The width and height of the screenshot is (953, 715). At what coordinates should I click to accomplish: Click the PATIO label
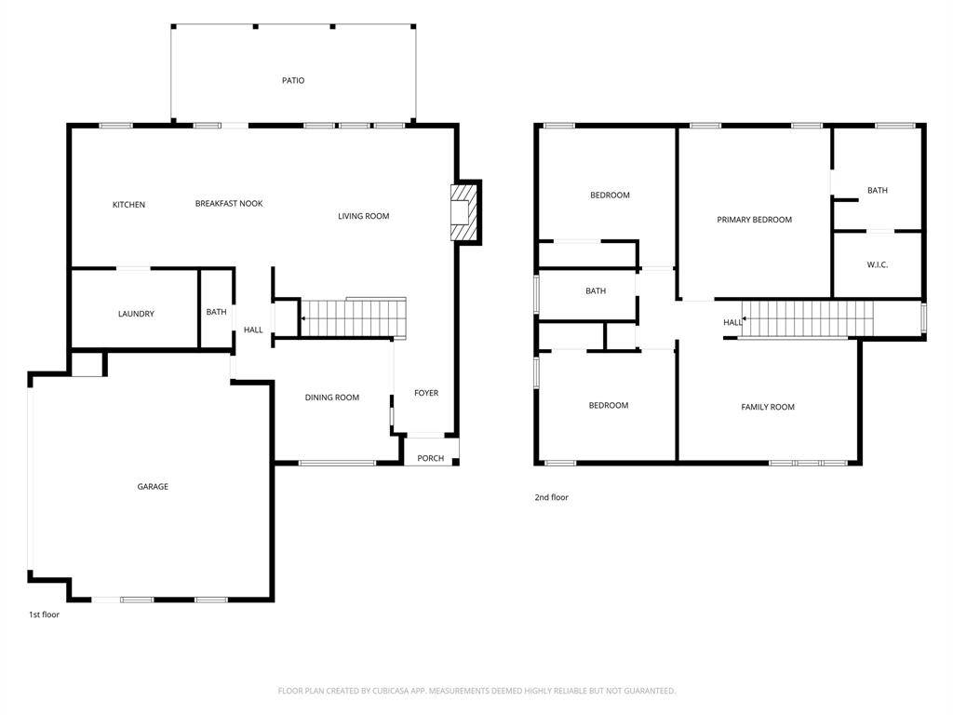[x=293, y=80]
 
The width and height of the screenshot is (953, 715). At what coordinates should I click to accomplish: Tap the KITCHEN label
[x=128, y=205]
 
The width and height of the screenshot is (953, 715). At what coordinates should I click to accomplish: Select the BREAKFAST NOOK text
[x=229, y=204]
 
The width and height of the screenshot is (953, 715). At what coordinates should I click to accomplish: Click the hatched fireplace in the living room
[x=463, y=213]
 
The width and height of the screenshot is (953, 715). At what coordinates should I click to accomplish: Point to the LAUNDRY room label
[x=136, y=314]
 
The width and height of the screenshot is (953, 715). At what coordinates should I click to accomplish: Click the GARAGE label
[x=153, y=486]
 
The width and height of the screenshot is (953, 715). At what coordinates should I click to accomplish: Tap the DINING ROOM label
[x=332, y=398]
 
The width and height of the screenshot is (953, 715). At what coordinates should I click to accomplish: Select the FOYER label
[x=426, y=394]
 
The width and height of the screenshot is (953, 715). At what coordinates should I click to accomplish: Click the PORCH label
[x=430, y=458]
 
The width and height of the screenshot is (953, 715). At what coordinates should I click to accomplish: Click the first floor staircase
[x=354, y=317]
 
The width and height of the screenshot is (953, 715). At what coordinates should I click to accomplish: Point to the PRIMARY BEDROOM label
[x=754, y=220]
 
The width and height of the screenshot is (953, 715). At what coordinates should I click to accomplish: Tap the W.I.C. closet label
[x=877, y=265]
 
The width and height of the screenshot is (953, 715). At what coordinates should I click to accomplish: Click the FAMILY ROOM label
[x=768, y=408]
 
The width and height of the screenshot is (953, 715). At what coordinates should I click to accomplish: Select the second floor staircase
[x=807, y=319]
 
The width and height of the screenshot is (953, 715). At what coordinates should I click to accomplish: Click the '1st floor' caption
[x=45, y=614]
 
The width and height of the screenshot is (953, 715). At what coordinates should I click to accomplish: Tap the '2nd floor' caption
[x=551, y=497]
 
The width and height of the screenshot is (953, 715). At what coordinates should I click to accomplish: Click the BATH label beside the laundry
[x=216, y=312]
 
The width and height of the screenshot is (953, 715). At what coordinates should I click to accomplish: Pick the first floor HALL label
[x=253, y=331]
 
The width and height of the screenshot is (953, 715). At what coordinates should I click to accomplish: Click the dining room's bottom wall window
[x=337, y=464]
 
